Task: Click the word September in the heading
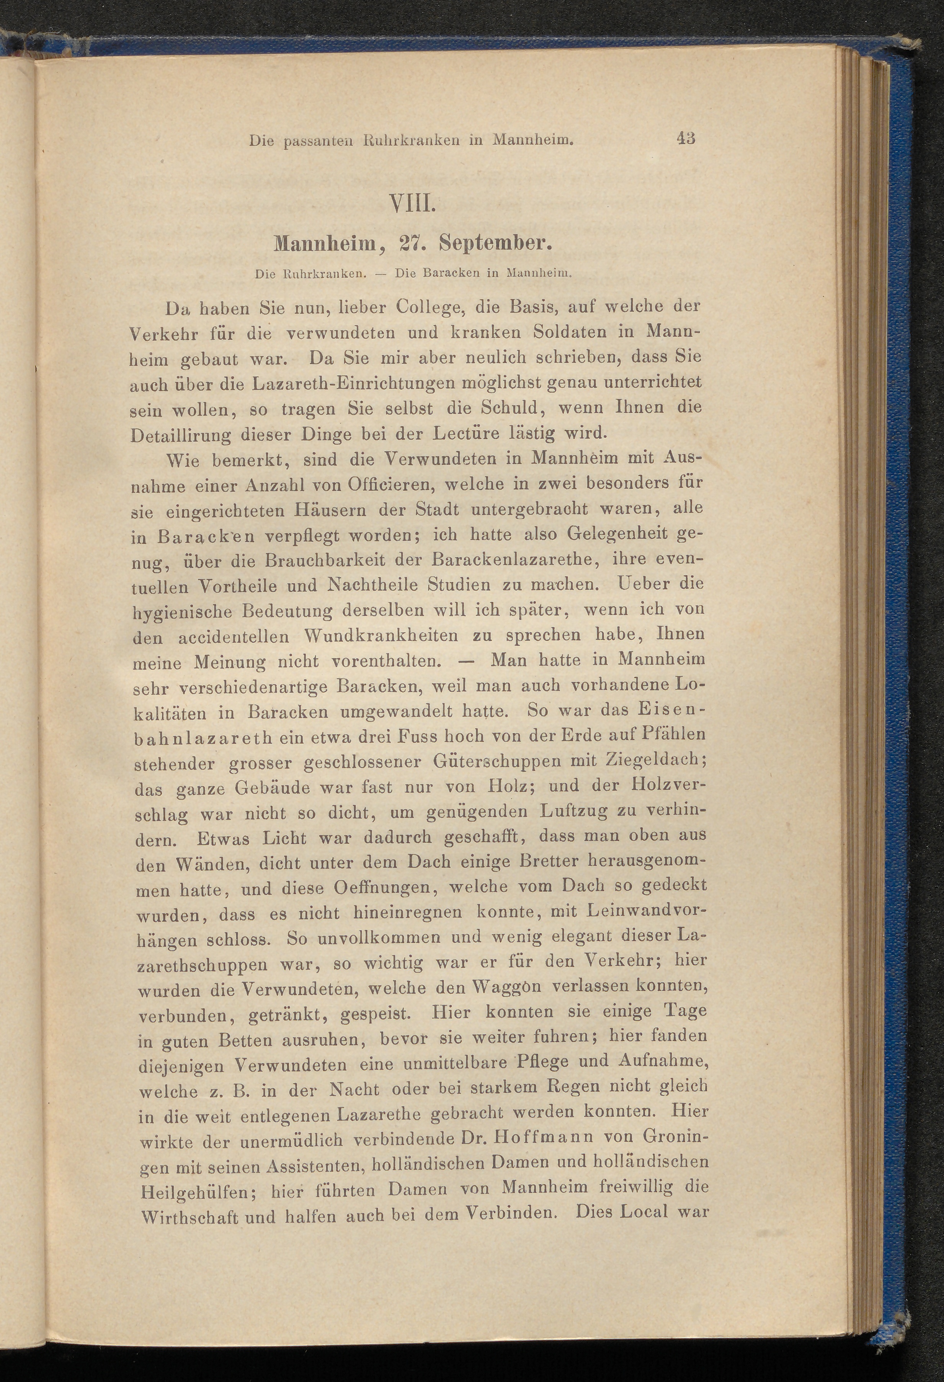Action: click(498, 244)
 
